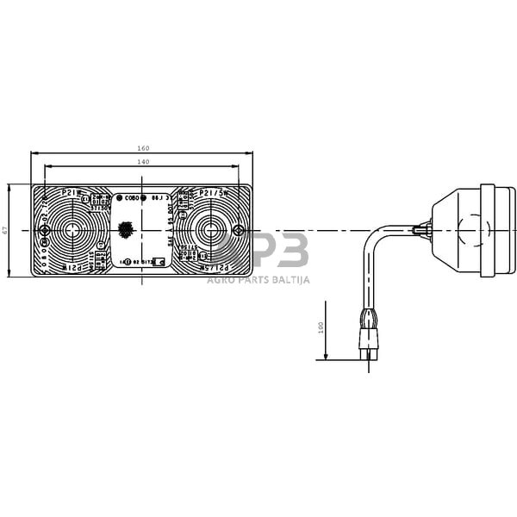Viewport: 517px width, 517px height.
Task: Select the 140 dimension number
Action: pos(142,161)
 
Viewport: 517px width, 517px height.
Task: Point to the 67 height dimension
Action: pos(6,230)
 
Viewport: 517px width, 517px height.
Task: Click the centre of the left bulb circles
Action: pos(72,230)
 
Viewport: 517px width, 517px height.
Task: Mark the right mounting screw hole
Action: pos(239,230)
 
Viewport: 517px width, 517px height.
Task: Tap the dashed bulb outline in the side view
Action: pos(470,230)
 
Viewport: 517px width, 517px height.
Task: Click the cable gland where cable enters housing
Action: pos(421,230)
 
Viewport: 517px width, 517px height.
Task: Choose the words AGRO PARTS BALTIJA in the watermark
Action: pos(258,279)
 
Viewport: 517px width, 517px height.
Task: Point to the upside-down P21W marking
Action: pos(76,268)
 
